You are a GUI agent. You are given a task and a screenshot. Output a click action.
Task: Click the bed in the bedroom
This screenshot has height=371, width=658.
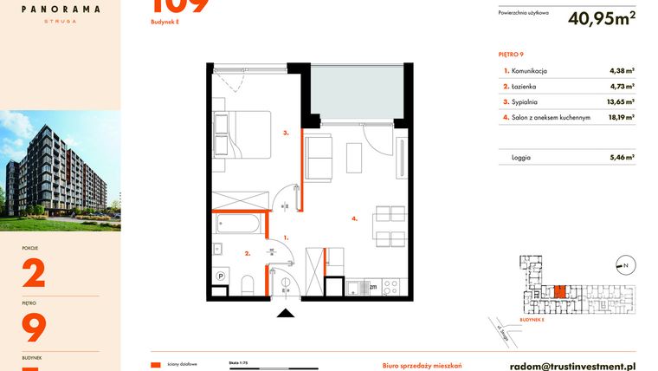pyautogui.click(x=243, y=134)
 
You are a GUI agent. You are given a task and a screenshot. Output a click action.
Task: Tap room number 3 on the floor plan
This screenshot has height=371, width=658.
pyautogui.click(x=285, y=133)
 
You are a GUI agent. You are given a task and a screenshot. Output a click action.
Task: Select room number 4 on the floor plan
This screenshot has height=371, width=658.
pyautogui.click(x=354, y=219)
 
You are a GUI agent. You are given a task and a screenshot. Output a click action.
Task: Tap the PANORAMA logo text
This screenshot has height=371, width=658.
pyautogui.click(x=61, y=9)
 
